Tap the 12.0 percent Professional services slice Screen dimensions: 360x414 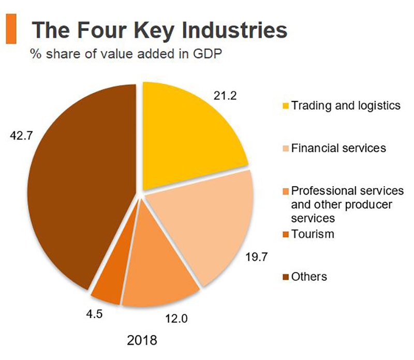160,274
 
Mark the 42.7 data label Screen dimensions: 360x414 22,136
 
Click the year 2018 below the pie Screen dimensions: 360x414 141,340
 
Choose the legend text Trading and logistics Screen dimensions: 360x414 346,106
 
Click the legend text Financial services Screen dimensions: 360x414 338,148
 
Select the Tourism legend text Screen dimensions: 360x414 313,234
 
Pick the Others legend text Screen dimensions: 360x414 309,277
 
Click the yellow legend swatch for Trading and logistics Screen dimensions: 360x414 285,107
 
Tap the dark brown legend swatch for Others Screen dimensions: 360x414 285,277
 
